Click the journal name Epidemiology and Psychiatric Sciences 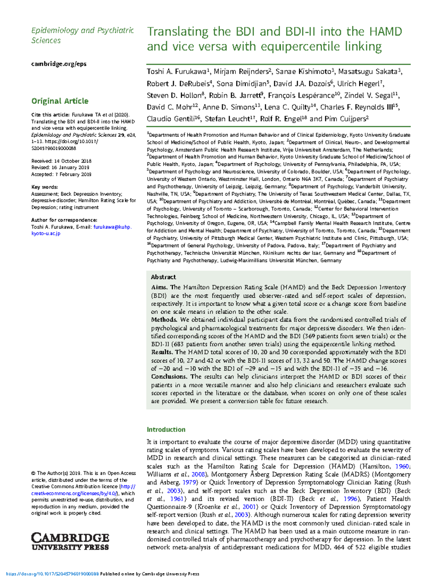click(x=82, y=35)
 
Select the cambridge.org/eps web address click(x=59, y=64)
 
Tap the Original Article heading click(x=60, y=101)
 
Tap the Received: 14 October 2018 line click(x=61, y=161)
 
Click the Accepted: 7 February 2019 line click(x=61, y=174)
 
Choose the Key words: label click(x=44, y=187)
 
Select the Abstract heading click(x=163, y=277)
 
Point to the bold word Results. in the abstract click(x=162, y=352)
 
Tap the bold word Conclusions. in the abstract click(x=169, y=377)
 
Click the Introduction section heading click(x=166, y=430)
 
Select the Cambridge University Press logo click(x=70, y=542)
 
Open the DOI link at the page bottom click(x=53, y=574)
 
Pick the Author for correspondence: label click(x=64, y=220)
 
